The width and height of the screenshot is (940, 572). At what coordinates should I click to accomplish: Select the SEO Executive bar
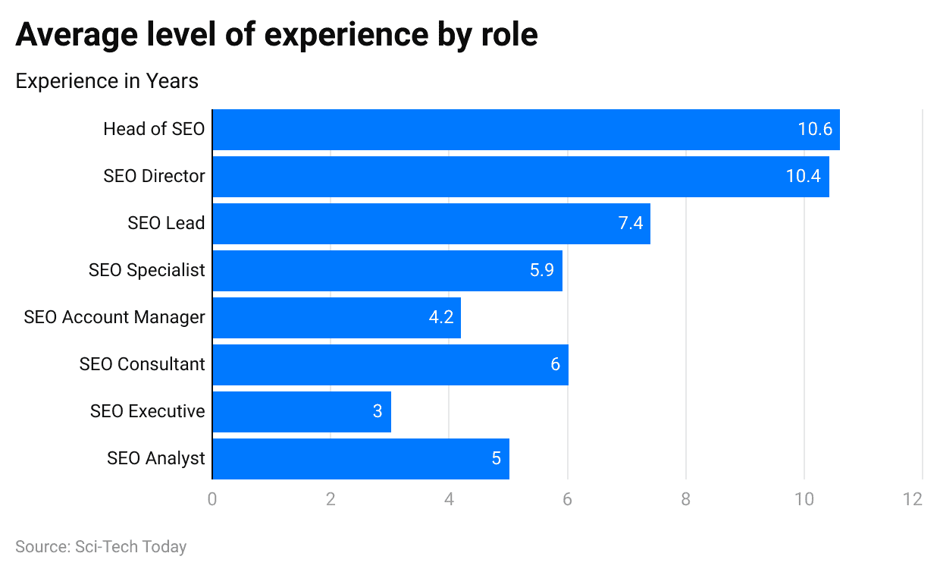(302, 412)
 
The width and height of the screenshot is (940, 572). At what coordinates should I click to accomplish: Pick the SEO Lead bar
(431, 224)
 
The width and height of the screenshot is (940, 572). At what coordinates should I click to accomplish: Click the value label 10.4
(803, 177)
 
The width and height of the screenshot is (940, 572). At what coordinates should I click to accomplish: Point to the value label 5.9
(542, 271)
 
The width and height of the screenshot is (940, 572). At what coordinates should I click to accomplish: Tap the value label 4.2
(440, 318)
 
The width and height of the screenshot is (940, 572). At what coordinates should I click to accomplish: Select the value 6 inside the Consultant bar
(555, 365)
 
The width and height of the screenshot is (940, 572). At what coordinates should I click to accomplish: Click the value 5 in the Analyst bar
(497, 459)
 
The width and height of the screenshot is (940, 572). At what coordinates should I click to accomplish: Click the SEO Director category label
(154, 177)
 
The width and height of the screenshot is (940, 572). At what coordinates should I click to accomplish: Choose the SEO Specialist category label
(146, 271)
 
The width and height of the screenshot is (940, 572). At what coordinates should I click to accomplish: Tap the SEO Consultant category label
(142, 365)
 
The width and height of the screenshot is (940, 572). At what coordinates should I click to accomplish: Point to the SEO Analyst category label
(155, 459)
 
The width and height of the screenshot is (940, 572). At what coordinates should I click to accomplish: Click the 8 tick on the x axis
(685, 500)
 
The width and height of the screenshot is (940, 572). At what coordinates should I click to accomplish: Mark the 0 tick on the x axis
(212, 500)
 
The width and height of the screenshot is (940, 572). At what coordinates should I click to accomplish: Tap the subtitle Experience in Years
(107, 81)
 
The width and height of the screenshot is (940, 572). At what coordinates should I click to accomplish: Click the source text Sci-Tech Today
(130, 547)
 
